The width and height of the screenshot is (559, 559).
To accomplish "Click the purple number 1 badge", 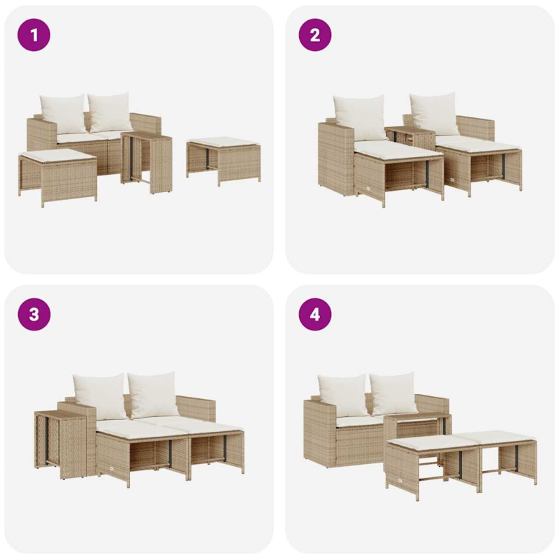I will [x=34, y=35].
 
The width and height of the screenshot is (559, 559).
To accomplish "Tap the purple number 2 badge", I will [x=315, y=35].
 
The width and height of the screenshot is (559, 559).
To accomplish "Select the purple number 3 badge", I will [x=34, y=314].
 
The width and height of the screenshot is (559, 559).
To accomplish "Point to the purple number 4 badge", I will [x=315, y=314].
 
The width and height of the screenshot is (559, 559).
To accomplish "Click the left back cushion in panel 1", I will [x=63, y=113].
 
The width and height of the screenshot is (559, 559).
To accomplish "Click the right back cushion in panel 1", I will [x=110, y=111].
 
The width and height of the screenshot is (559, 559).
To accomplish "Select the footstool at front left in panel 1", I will [x=57, y=175].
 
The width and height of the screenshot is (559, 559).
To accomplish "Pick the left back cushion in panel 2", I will [x=359, y=117].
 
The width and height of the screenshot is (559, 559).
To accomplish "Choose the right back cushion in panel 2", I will [x=434, y=113].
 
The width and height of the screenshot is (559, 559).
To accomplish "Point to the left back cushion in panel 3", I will [x=99, y=395].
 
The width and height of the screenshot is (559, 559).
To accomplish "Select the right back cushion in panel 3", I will [x=154, y=393].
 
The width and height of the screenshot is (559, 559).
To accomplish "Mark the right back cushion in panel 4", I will [x=393, y=393].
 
